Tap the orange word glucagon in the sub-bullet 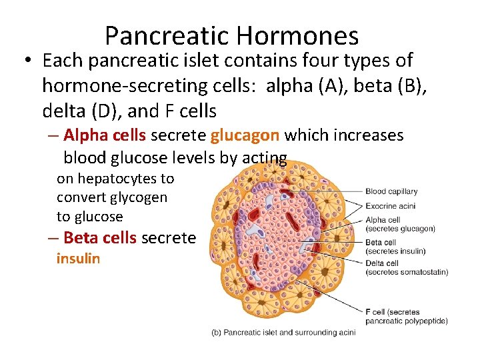[245, 135]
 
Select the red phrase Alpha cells [105, 135]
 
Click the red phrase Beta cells [100, 238]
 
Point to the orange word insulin [78, 259]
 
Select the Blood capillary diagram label [391, 191]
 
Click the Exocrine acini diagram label [390, 206]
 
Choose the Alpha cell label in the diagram [383, 220]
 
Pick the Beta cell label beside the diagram [381, 243]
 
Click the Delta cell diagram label [382, 263]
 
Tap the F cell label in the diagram [378, 312]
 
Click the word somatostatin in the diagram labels [423, 271]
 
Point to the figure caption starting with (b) [283, 332]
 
